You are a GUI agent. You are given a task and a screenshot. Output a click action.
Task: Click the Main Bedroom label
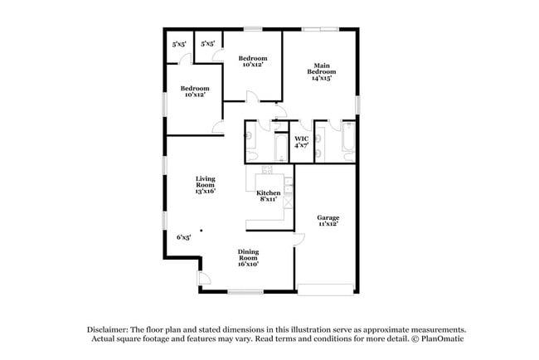[x=322, y=71]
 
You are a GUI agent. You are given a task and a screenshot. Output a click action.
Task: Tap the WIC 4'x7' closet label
[x=302, y=142]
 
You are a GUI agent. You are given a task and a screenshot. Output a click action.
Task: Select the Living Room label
[x=205, y=184]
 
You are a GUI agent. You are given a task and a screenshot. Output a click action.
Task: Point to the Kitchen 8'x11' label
[x=268, y=196]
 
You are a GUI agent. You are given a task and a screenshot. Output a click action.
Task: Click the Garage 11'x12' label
[x=328, y=221]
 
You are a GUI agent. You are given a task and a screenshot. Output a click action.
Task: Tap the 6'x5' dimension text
[x=183, y=237]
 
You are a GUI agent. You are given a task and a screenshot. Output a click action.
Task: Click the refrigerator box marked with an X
[x=288, y=202]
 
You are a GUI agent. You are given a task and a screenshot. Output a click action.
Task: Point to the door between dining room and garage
[x=297, y=241]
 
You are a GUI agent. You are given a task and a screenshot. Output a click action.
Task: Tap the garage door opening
[x=327, y=289]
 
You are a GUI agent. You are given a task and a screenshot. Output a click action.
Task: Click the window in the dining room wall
[x=245, y=290]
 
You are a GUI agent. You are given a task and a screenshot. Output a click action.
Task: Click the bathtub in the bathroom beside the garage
[x=348, y=142]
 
